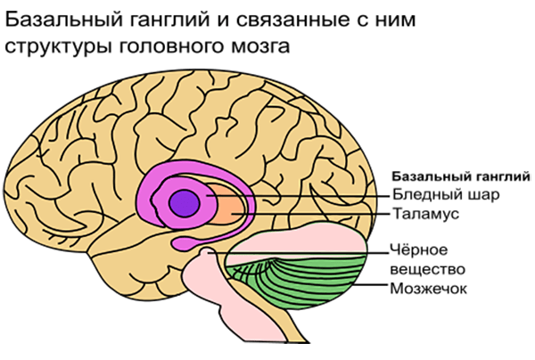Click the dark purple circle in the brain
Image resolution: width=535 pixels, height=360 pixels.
(x=185, y=203)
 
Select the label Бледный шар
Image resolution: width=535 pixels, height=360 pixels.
(x=446, y=194)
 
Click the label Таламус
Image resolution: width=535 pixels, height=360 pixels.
(x=426, y=214)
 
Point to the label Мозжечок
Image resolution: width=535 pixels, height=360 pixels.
(x=429, y=289)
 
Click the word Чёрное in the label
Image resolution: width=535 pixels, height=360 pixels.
(x=419, y=250)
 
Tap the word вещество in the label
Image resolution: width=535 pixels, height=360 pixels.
(x=427, y=269)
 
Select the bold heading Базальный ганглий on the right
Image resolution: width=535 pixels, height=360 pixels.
(x=462, y=176)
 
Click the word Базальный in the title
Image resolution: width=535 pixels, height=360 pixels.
(x=64, y=20)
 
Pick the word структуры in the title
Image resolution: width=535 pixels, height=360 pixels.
(x=58, y=46)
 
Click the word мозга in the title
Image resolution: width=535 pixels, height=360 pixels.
(x=260, y=45)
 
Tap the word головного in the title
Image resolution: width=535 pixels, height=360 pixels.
(x=172, y=45)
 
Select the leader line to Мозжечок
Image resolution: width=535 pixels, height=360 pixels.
(x=371, y=284)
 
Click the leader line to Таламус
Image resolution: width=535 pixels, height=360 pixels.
(x=310, y=214)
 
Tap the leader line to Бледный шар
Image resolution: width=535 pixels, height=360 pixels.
(x=298, y=196)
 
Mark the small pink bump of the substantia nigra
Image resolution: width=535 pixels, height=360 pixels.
(x=206, y=252)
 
